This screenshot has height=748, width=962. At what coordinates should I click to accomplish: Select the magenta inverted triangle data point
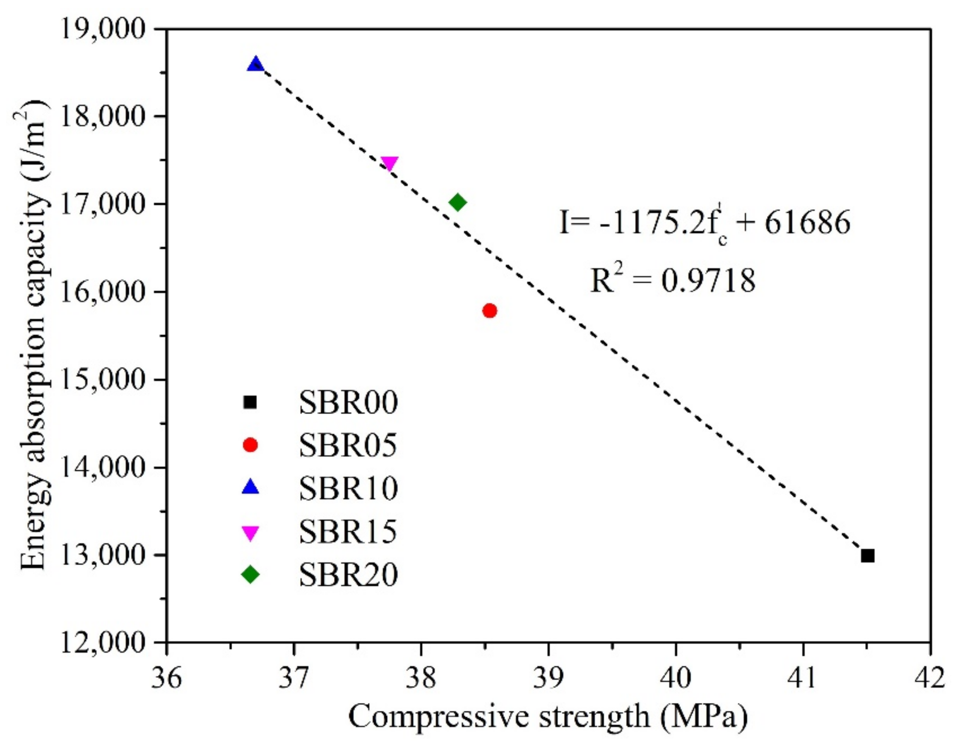390,163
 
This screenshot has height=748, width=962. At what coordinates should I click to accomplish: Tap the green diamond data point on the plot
458,202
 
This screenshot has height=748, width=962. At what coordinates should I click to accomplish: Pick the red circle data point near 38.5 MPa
490,310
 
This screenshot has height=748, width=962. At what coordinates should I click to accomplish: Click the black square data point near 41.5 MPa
867,556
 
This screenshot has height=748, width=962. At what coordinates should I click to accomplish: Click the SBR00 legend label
349,403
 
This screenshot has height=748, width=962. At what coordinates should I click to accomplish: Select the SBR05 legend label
349,446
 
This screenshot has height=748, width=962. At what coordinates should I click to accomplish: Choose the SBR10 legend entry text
349,488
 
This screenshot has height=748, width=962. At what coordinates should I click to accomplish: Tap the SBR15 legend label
349,531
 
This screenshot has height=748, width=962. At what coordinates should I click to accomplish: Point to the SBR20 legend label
349,575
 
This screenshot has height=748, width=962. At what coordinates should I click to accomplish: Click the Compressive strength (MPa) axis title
548,717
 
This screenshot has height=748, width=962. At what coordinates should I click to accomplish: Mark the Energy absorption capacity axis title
34,335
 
